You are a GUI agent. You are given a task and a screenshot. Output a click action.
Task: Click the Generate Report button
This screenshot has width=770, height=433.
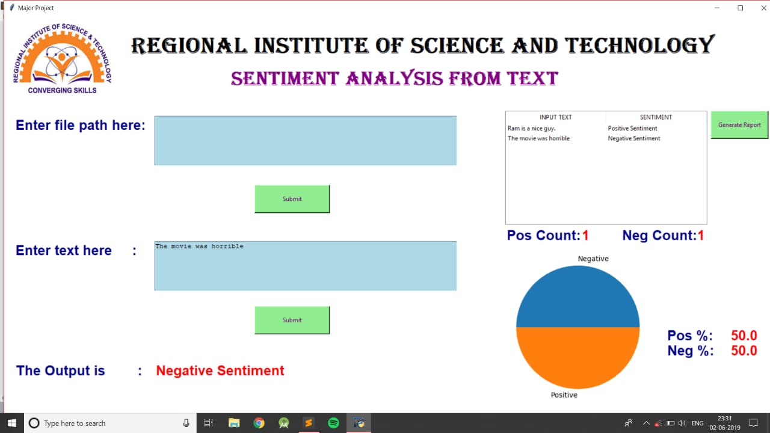739,124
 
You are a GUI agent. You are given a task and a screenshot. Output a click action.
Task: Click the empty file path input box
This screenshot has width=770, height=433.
305,141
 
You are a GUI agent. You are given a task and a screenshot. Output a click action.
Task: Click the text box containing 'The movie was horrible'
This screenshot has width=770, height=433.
305,266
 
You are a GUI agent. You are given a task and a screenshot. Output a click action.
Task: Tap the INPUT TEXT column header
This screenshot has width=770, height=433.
555,117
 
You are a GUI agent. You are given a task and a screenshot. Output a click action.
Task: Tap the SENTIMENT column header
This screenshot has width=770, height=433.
656,117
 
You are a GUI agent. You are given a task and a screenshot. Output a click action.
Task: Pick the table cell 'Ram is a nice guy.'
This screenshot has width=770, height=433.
531,128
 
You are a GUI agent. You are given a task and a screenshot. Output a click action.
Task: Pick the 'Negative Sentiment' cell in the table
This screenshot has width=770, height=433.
634,138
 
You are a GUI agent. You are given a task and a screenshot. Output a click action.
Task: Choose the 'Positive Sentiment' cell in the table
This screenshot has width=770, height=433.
632,128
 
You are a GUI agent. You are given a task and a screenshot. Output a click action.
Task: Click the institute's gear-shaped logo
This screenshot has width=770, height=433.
62,59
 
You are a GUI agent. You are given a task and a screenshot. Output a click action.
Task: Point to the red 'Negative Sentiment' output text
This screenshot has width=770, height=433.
220,370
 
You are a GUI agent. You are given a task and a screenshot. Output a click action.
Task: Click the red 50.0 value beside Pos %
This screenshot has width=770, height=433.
744,336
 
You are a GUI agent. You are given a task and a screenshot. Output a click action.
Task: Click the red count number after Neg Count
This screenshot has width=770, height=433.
701,235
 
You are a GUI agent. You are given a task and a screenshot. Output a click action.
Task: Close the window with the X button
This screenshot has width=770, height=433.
763,8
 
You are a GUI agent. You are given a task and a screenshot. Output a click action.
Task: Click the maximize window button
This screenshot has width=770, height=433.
740,8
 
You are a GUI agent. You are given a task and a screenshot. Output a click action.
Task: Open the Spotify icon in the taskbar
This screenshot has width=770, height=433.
333,423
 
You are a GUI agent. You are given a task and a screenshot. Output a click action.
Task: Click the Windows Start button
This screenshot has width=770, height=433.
12,423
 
